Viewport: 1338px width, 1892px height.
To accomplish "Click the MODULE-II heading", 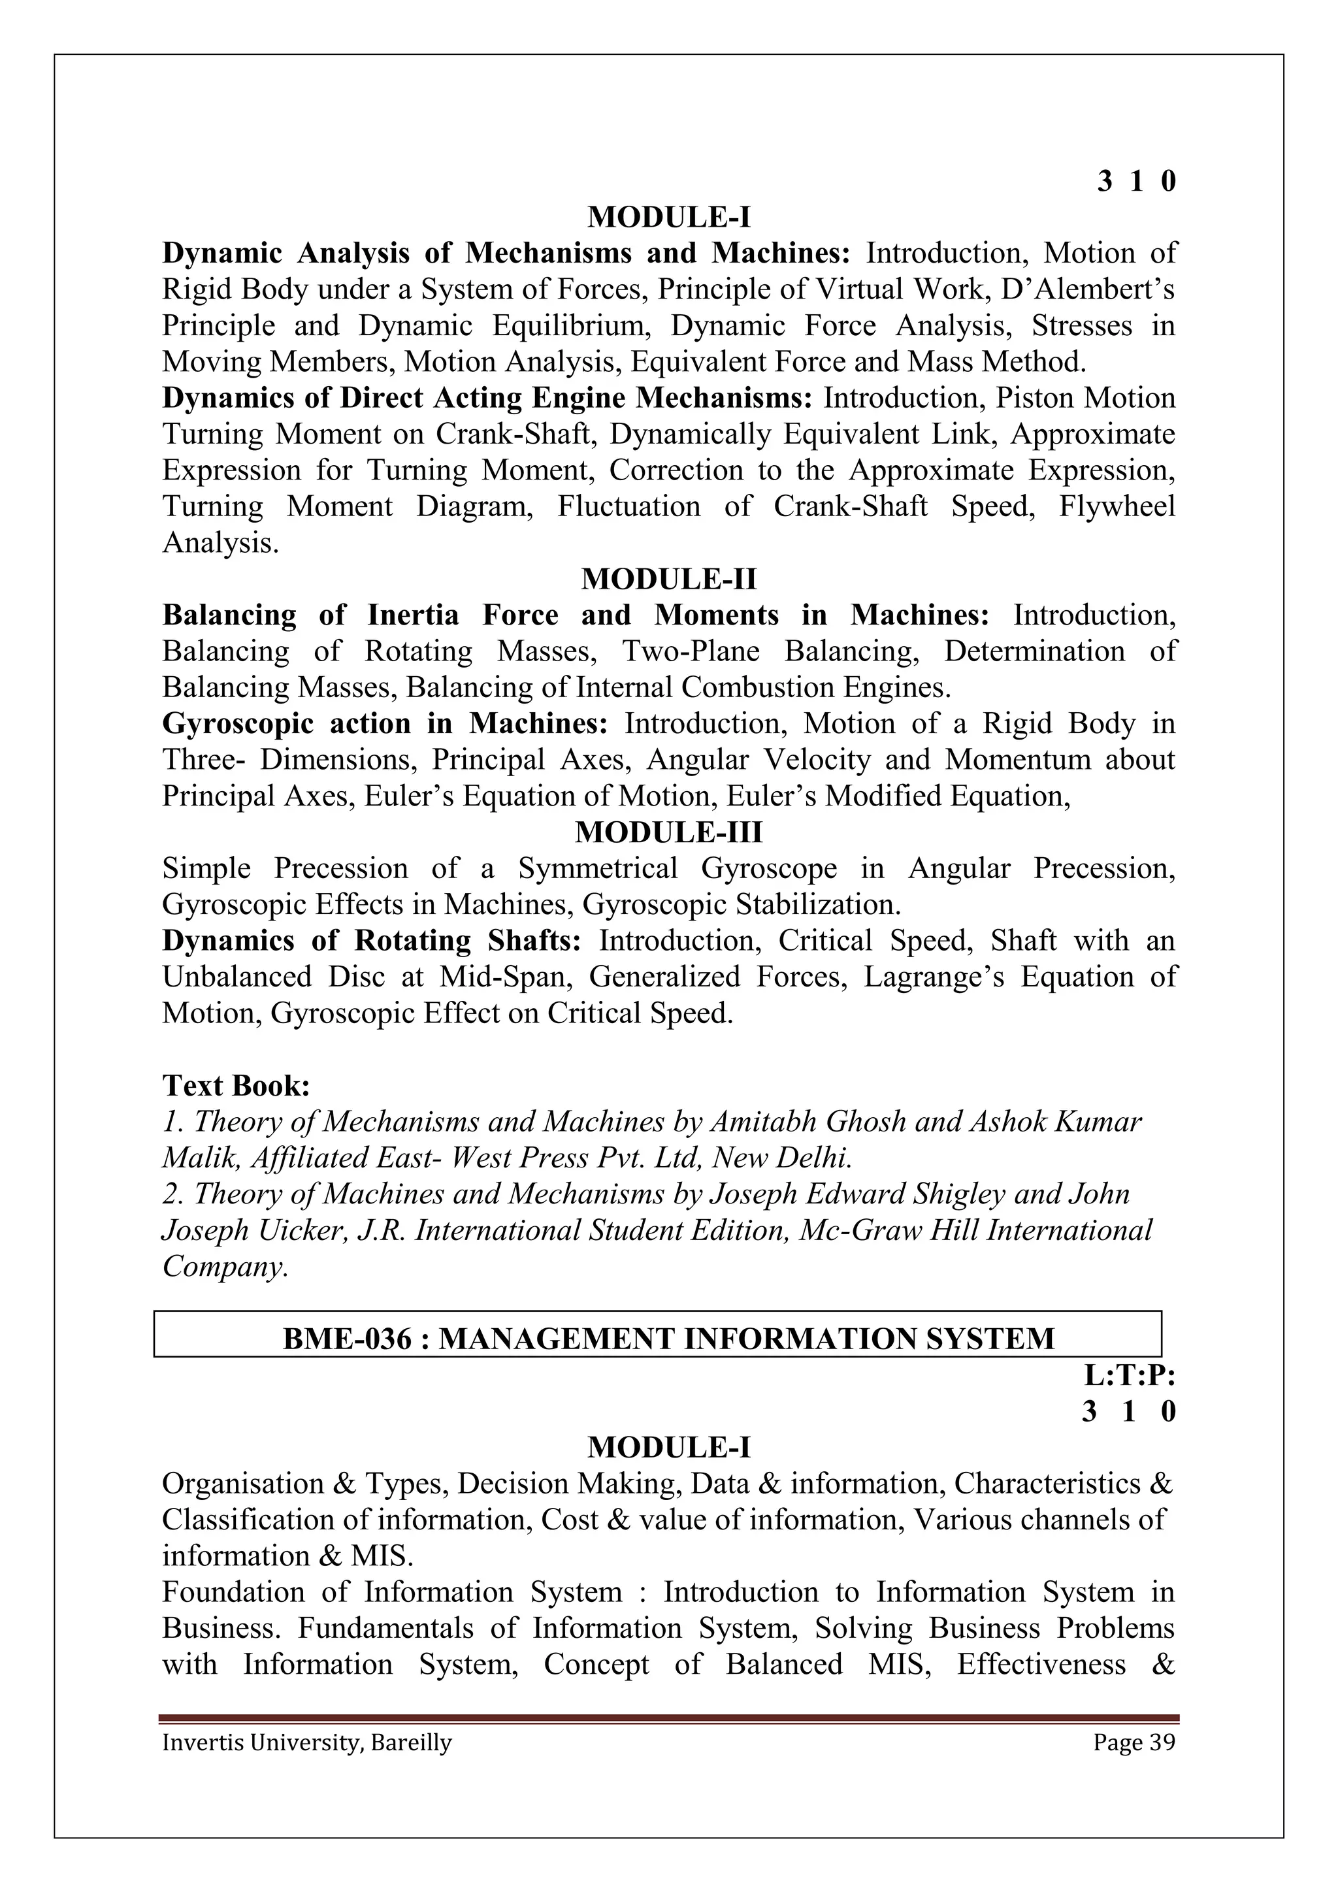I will pos(668,579).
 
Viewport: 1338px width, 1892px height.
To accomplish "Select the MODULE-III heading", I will pos(668,832).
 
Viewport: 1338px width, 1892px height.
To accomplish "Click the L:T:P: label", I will pos(1130,1375).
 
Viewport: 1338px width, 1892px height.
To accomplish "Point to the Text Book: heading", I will pos(236,1085).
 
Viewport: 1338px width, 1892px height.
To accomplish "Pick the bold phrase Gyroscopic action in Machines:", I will pos(384,723).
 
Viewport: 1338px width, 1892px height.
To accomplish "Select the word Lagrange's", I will pos(934,977).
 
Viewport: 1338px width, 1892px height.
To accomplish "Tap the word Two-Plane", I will pos(690,651).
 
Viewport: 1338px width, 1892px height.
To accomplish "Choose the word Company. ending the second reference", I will pos(225,1267).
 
